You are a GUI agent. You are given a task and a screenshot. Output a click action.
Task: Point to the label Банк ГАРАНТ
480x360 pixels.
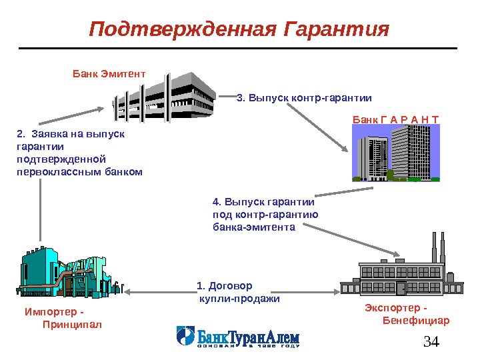coord(396,120)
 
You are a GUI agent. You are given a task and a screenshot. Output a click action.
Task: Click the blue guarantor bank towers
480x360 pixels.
coord(396,154)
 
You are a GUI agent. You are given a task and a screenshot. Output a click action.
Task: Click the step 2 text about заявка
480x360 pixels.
coord(79,153)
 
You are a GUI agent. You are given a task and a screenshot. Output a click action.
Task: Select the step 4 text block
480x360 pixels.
coord(265,214)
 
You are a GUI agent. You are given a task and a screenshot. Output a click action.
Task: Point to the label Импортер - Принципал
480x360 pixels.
coord(63,318)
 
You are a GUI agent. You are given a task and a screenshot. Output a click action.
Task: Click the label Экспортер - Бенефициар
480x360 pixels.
coord(407,314)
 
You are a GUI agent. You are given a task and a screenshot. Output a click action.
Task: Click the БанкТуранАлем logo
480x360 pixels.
coord(237,337)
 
